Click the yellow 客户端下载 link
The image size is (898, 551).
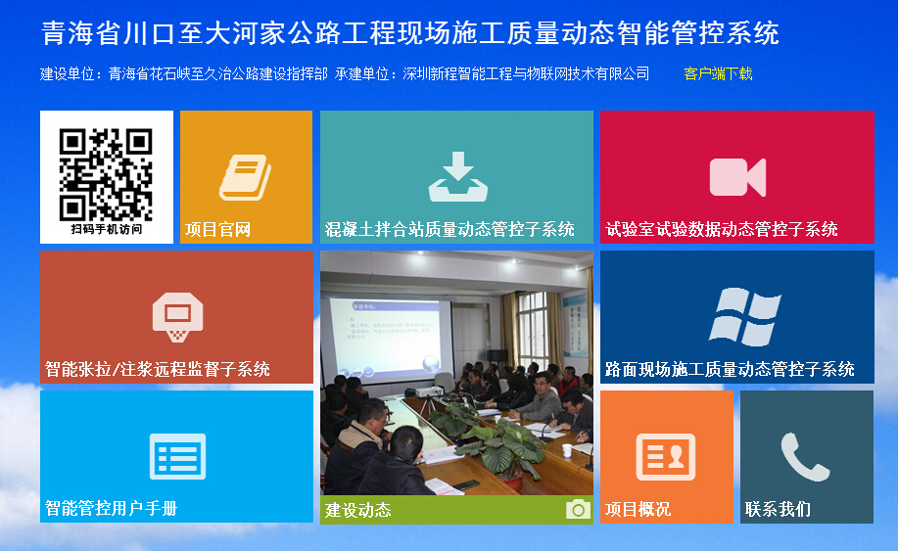coord(718,73)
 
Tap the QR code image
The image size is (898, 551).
coord(106,174)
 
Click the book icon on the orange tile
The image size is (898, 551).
coord(245,177)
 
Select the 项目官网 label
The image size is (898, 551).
coord(217,229)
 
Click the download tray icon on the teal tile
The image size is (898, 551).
coord(458,176)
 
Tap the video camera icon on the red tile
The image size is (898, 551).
coord(737,177)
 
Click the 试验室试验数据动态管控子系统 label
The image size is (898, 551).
coord(722,229)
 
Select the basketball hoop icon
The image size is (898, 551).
coord(177,317)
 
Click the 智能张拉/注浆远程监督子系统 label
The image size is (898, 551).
coord(158,369)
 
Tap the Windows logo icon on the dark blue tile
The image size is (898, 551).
coord(745,316)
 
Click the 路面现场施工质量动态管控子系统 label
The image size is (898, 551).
coord(730,369)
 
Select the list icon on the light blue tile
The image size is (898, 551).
coord(177,456)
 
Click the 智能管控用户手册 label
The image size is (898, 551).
coord(111,508)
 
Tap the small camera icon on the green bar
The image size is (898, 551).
coord(578,509)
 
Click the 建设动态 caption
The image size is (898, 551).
coord(358,510)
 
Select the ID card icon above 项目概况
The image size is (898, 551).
coord(666,457)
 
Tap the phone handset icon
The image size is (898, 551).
coord(806,457)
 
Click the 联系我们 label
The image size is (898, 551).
coord(778,509)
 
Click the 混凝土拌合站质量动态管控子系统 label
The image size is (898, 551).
coord(449,229)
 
